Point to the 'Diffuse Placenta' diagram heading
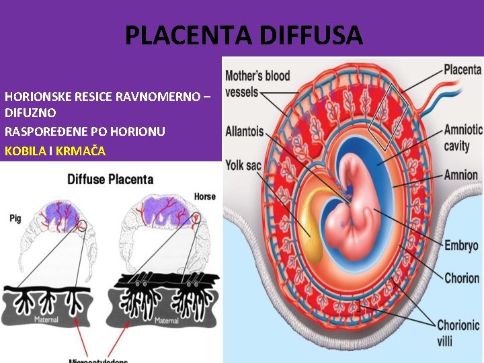pos(110,179)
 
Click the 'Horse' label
pos(204,197)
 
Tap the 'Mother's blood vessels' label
pos(257,83)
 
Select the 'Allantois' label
pos(244,131)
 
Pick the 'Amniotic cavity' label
pos(463,138)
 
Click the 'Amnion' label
pos(461,175)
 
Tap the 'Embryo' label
pos(461,245)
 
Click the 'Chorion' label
pos(462,278)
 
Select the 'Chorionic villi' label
pos(458,333)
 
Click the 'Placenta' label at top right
pos(462,69)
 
